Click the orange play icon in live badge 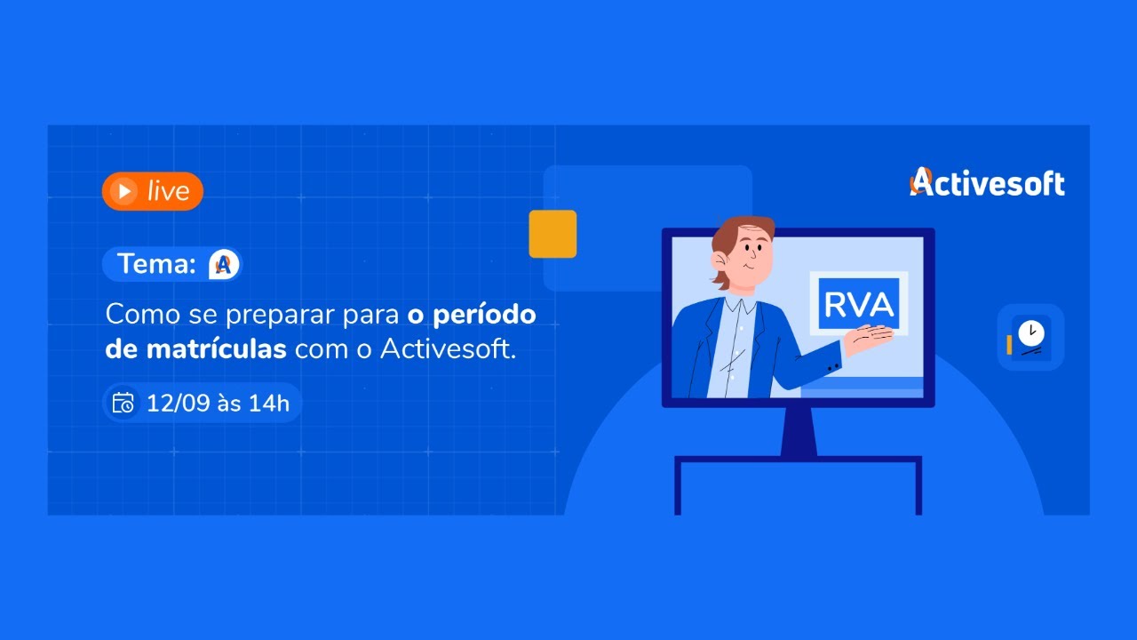pos(124,191)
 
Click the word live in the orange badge pos(168,191)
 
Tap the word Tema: pos(155,264)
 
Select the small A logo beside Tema pos(224,264)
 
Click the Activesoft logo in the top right pos(987,182)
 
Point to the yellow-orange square pos(553,234)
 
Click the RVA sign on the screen pos(858,304)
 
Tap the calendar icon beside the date pos(123,403)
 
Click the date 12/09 pos(179,403)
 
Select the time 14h pos(268,403)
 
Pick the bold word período pos(484,316)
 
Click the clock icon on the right pos(1030,336)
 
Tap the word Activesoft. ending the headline pos(448,348)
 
